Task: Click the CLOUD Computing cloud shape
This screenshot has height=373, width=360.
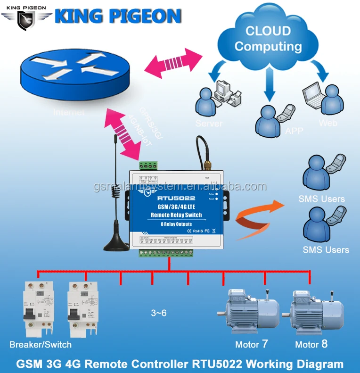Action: pyautogui.click(x=269, y=39)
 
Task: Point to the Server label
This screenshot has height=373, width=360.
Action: pyautogui.click(x=209, y=124)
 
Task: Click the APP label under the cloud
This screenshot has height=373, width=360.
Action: pyautogui.click(x=294, y=131)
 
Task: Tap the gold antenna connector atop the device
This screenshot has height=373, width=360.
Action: pyautogui.click(x=206, y=166)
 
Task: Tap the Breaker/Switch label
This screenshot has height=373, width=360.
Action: pyautogui.click(x=41, y=344)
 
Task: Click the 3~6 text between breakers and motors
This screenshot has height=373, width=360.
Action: pyautogui.click(x=159, y=313)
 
